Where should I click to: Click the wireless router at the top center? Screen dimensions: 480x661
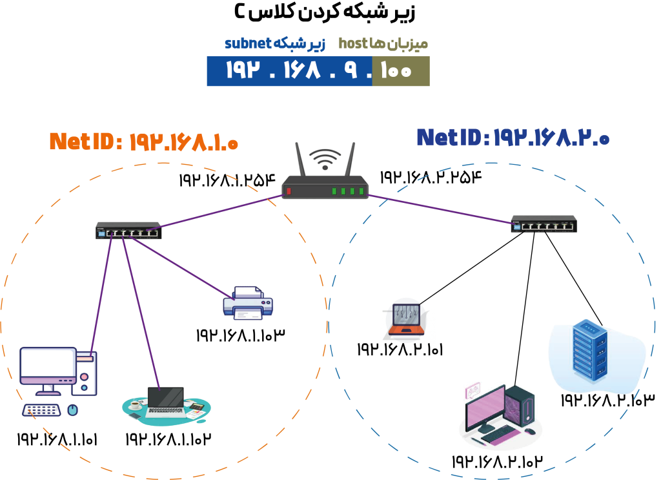(325, 187)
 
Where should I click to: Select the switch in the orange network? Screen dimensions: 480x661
(128, 231)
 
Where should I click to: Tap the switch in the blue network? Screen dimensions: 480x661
(544, 224)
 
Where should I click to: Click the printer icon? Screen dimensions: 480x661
(248, 304)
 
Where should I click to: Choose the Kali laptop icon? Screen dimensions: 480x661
(407, 320)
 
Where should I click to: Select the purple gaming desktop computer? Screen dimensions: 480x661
(500, 414)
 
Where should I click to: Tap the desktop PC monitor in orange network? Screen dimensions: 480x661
(48, 367)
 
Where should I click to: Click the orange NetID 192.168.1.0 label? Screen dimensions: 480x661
(143, 141)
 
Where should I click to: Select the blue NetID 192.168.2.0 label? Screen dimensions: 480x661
(512, 138)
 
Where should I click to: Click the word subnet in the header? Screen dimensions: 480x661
(248, 44)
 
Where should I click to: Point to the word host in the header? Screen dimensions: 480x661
(352, 44)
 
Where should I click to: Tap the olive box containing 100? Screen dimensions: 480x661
(401, 71)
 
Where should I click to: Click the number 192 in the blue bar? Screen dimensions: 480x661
(243, 71)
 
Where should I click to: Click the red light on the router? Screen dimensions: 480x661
(289, 191)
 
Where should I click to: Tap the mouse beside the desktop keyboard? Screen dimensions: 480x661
(73, 410)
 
